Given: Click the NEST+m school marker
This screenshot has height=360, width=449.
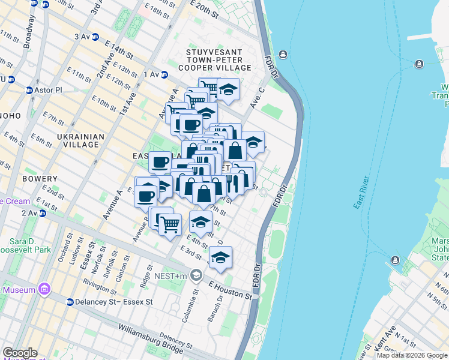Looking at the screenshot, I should coord(196,275).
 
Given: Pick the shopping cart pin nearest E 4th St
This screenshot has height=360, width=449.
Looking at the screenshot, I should coord(170,224).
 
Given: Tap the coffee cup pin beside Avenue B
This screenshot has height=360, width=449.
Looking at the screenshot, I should coord(146,195).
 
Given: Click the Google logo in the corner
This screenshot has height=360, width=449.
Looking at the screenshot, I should coord(20,352).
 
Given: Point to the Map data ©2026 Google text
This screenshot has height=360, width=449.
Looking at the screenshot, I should coord(411,355).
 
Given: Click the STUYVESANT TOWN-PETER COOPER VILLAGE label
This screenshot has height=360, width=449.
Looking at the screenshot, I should coord(214,60).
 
